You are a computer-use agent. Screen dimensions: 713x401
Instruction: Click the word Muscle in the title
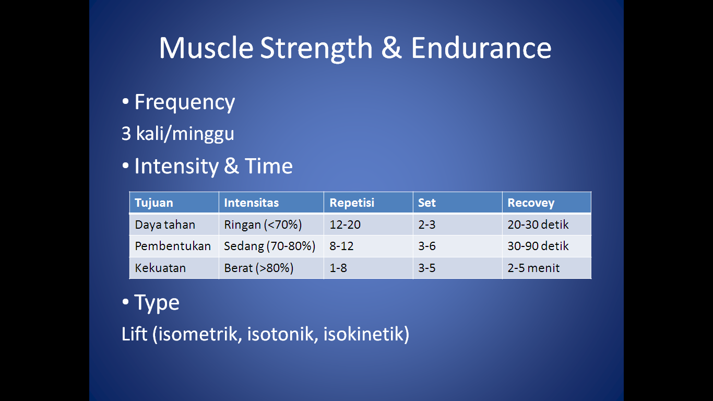[x=206, y=48]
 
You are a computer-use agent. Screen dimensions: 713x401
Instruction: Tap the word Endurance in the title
[x=481, y=48]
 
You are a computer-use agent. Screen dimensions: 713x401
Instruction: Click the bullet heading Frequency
[x=185, y=102]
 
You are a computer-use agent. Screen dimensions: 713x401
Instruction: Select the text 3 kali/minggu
[x=177, y=134]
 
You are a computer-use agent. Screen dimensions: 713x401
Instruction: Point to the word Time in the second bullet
[x=269, y=166]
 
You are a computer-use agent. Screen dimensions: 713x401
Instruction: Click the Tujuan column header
[x=154, y=203]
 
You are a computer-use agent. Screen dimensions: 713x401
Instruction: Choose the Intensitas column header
[x=252, y=203]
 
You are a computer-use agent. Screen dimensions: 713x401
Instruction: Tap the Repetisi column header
[x=352, y=203]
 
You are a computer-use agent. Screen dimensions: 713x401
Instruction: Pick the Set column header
[x=426, y=203]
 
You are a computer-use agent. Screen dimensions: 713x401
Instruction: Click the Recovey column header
[x=531, y=203]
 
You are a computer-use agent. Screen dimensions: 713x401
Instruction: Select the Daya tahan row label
[x=165, y=225]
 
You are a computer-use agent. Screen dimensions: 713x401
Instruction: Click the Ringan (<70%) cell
[x=263, y=225]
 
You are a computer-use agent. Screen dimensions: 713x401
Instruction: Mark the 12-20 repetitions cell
[x=345, y=225]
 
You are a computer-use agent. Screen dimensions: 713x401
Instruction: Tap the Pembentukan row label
[x=173, y=246]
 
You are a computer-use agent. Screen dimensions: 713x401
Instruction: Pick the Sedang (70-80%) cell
[x=270, y=246]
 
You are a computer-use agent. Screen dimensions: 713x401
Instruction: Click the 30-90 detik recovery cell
[x=538, y=246]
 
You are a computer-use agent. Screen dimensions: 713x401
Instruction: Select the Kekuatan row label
[x=160, y=268]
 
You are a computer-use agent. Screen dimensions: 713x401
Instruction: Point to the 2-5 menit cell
[x=533, y=268]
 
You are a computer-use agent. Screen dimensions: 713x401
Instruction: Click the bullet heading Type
[x=157, y=303]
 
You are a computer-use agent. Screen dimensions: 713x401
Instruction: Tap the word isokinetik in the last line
[x=366, y=334]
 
